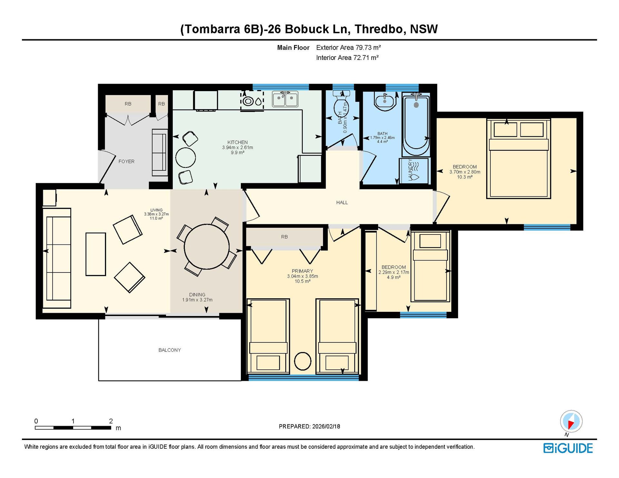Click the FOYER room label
(x=126, y=161)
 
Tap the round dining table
(x=207, y=246)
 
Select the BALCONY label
(x=170, y=350)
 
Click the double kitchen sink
(x=285, y=99)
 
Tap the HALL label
(x=342, y=202)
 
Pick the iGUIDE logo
(x=568, y=448)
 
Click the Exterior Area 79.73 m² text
(x=349, y=48)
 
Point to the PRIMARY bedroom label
(x=302, y=271)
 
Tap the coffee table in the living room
(x=96, y=254)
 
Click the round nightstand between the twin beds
(x=302, y=361)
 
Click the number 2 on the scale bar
(x=111, y=421)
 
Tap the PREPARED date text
(x=309, y=426)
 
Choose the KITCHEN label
(x=238, y=142)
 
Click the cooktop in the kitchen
(x=252, y=101)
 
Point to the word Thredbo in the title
(x=379, y=29)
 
